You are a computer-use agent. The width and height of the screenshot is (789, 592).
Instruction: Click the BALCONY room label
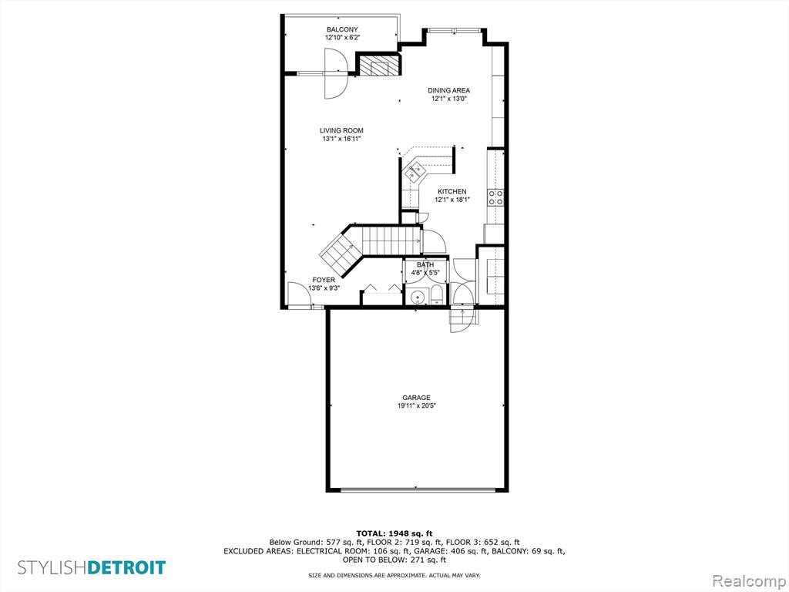[342, 30]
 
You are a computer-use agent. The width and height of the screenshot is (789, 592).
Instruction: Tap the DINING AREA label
[449, 91]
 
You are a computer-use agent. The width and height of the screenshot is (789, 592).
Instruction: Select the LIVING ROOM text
[341, 131]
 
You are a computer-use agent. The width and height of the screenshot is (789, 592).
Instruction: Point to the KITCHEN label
[452, 192]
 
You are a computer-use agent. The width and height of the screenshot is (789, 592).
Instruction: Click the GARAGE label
[416, 398]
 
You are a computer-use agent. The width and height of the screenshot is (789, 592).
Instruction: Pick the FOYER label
[324, 281]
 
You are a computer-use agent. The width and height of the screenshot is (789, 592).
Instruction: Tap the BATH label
[425, 265]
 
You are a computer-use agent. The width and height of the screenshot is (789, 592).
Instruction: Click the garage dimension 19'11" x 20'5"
[416, 405]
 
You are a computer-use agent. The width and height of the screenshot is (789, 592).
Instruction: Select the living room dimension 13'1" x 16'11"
[341, 139]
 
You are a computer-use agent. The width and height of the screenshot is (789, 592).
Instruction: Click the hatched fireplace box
[378, 66]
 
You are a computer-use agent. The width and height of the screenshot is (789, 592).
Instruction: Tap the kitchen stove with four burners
[495, 197]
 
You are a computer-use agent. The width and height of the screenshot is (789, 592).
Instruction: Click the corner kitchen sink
[414, 172]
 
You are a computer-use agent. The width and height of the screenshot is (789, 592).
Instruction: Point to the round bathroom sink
[417, 298]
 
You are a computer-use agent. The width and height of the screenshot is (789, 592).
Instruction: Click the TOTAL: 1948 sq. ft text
[394, 533]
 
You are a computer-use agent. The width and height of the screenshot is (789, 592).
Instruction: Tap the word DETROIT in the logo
[126, 568]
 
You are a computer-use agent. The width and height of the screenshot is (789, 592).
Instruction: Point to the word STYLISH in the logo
[52, 568]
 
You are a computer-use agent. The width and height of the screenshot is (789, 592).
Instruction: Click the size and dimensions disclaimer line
[394, 575]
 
